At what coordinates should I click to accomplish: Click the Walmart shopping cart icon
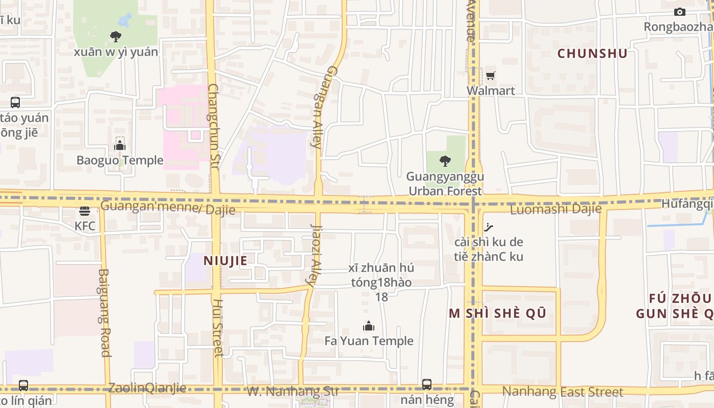point(490,76)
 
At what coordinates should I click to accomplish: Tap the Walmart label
point(491,91)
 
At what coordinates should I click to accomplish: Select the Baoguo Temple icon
point(120,146)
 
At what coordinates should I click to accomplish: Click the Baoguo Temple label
point(120,160)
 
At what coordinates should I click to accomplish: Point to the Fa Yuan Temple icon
point(369,326)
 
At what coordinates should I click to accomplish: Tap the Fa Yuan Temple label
point(369,341)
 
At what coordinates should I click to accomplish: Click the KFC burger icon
point(85,211)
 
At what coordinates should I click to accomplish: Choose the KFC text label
point(85,226)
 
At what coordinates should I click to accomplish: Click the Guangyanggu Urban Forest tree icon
point(445,161)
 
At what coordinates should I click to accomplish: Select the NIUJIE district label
point(225,261)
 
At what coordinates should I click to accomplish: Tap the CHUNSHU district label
point(592,54)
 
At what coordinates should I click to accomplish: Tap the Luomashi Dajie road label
point(556,209)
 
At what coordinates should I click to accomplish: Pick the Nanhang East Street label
point(563,392)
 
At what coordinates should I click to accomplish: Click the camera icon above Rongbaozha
point(679,12)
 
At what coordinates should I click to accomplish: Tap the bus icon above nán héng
point(427,384)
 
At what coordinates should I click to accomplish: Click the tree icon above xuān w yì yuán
point(116,37)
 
